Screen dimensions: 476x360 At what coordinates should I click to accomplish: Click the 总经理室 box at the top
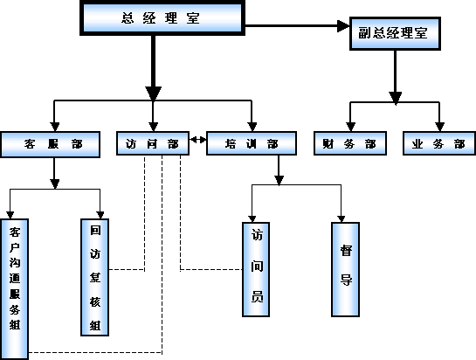point(162,18)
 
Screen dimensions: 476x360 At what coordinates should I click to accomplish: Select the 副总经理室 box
point(395,33)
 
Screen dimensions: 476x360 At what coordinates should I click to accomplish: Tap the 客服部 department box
point(51,144)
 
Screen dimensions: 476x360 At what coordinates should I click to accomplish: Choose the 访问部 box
point(153,143)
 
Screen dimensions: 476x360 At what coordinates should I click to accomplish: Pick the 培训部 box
point(252,143)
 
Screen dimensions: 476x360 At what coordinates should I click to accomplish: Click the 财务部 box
point(350,143)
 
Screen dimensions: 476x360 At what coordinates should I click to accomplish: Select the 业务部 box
point(439,143)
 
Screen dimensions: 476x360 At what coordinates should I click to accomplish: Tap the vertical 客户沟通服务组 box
point(15,289)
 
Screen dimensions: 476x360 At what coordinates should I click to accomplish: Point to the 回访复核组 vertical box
point(94,277)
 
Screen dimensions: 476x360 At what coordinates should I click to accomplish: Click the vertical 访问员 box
point(256,269)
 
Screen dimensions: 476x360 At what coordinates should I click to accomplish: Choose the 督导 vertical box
point(346,269)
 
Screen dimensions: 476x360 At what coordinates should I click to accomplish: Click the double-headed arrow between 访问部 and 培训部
point(198,140)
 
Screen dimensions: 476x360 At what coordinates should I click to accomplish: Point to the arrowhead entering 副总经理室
point(343,26)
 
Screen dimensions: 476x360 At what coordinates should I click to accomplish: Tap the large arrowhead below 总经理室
point(154,93)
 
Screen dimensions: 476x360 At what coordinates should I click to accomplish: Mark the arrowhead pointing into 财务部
point(350,127)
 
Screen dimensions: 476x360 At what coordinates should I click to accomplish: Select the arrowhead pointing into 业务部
point(439,127)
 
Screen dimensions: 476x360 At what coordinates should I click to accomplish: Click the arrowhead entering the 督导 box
point(341,218)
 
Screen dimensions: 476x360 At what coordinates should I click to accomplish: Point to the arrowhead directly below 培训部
point(279,180)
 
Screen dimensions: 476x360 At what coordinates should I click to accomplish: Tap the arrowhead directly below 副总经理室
point(396,98)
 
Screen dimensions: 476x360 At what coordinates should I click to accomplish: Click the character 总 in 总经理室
point(128,18)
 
